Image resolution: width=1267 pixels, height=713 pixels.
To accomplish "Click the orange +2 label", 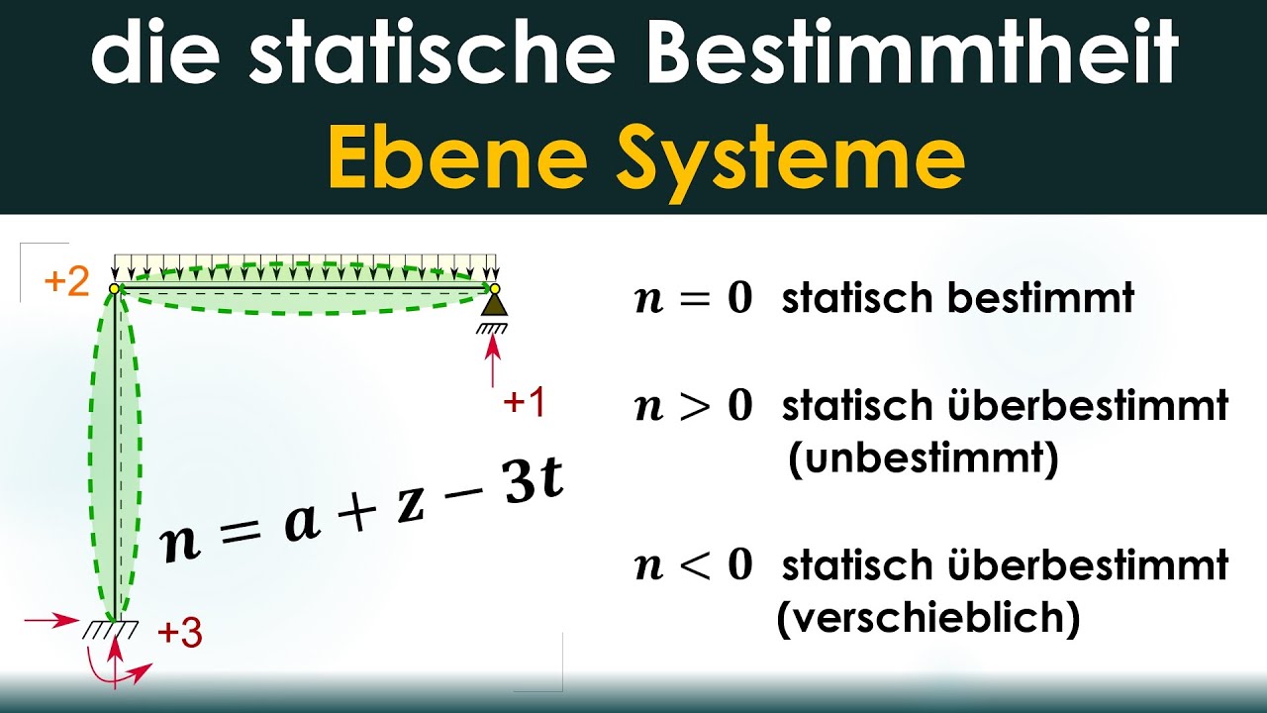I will [x=66, y=283].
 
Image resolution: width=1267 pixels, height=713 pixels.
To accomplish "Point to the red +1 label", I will [x=524, y=403].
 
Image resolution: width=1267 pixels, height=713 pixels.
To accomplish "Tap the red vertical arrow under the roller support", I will [x=494, y=361].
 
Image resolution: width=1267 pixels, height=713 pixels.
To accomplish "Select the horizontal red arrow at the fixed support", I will [x=49, y=621].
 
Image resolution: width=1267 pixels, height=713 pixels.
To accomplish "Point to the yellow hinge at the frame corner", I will [x=115, y=288].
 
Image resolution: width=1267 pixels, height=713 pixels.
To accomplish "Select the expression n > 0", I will [x=693, y=406].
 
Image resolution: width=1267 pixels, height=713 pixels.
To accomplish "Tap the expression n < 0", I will [x=693, y=566].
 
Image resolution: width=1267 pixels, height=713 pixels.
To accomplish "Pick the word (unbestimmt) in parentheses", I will [x=923, y=459].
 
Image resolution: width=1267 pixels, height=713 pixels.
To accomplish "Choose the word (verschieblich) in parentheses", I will [x=927, y=619].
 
